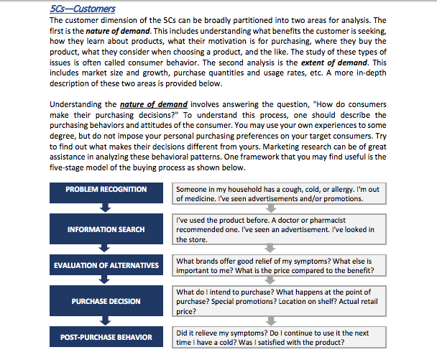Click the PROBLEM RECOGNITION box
tap(106, 190)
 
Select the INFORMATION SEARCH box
tap(106, 229)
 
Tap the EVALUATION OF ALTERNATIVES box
tap(106, 266)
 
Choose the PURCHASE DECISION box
tap(106, 302)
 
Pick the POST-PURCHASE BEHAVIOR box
tap(106, 338)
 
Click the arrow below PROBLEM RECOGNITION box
tap(106, 208)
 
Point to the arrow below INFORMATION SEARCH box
tap(106, 248)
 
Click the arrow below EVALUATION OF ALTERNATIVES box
tap(106, 284)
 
